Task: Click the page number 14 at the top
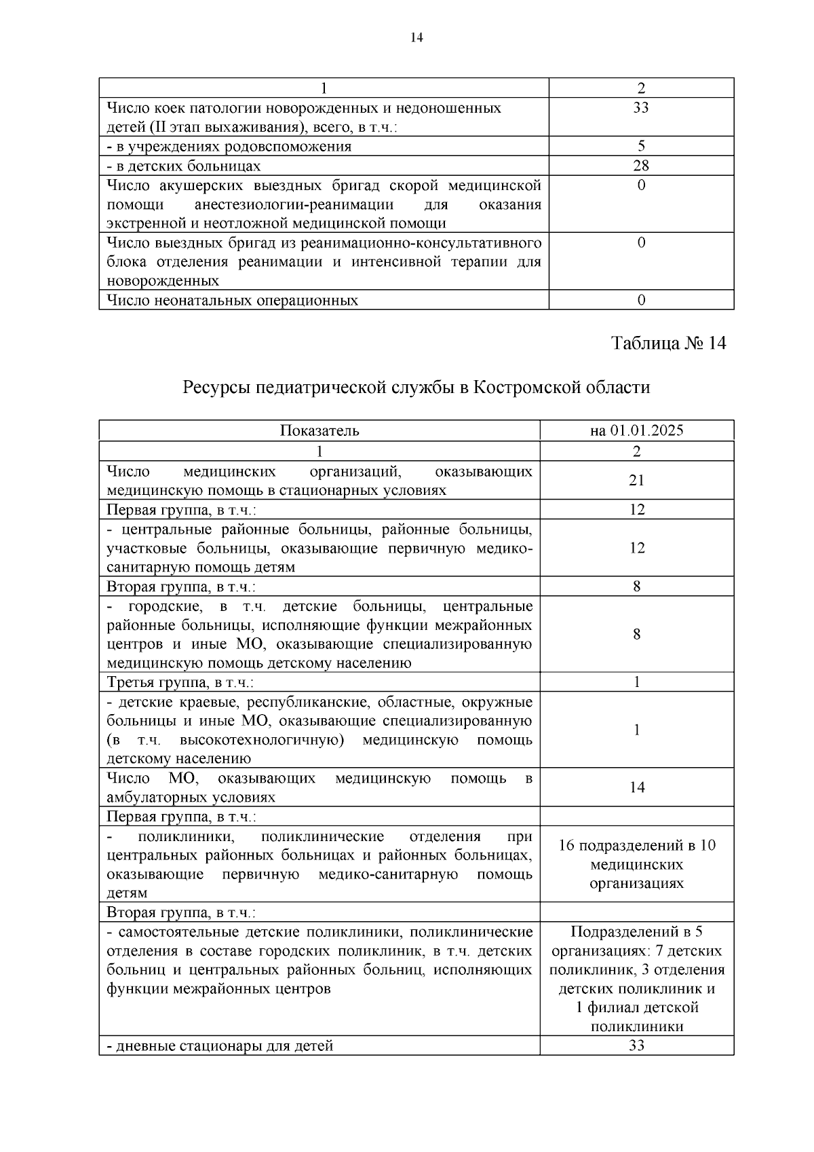click(x=416, y=38)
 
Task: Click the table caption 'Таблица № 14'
click(x=668, y=343)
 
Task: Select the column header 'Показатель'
click(x=319, y=430)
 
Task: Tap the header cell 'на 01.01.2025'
click(x=636, y=430)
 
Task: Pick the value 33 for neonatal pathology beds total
click(x=640, y=108)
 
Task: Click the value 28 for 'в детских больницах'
click(x=640, y=166)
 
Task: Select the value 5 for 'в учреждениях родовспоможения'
click(x=641, y=146)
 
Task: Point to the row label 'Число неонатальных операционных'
click(x=232, y=300)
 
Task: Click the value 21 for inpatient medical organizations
click(x=636, y=481)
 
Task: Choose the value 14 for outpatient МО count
click(x=636, y=787)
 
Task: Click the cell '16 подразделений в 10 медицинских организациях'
click(x=636, y=864)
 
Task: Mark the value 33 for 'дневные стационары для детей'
click(x=636, y=1045)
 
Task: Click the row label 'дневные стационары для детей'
click(x=220, y=1046)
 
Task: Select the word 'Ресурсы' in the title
click(x=210, y=388)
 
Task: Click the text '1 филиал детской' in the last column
click(x=636, y=1007)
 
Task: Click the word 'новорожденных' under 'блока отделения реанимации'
click(x=162, y=281)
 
